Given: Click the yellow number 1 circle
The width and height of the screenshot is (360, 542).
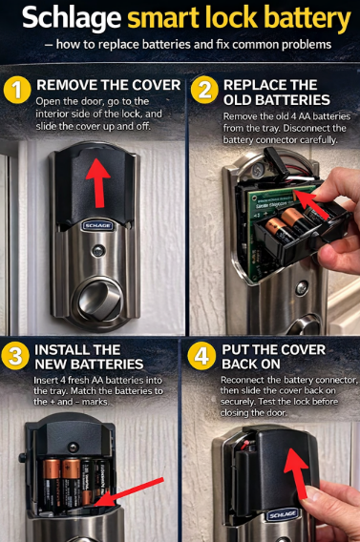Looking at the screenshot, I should click(16, 90).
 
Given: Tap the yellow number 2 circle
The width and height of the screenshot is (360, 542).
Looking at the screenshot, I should click(202, 91).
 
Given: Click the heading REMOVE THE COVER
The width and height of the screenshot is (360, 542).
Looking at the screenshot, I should click(108, 85).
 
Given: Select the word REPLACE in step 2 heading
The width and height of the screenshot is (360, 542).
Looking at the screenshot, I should click(258, 85).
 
